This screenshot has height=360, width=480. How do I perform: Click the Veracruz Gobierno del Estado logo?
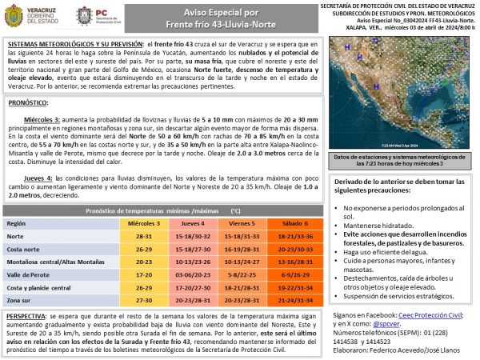coord(29,17)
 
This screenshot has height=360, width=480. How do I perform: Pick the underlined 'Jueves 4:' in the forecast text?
coord(39,178)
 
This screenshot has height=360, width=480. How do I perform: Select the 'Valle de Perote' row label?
coord(30,274)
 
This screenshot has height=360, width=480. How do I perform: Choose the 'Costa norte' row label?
coord(24,249)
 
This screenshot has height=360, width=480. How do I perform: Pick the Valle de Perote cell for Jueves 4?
coord(191,274)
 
